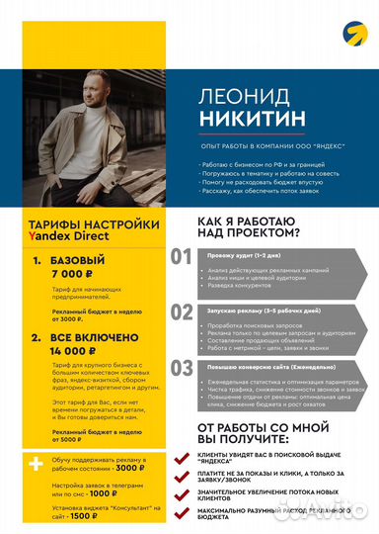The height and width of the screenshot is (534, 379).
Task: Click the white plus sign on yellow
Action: (x=37, y=464)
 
